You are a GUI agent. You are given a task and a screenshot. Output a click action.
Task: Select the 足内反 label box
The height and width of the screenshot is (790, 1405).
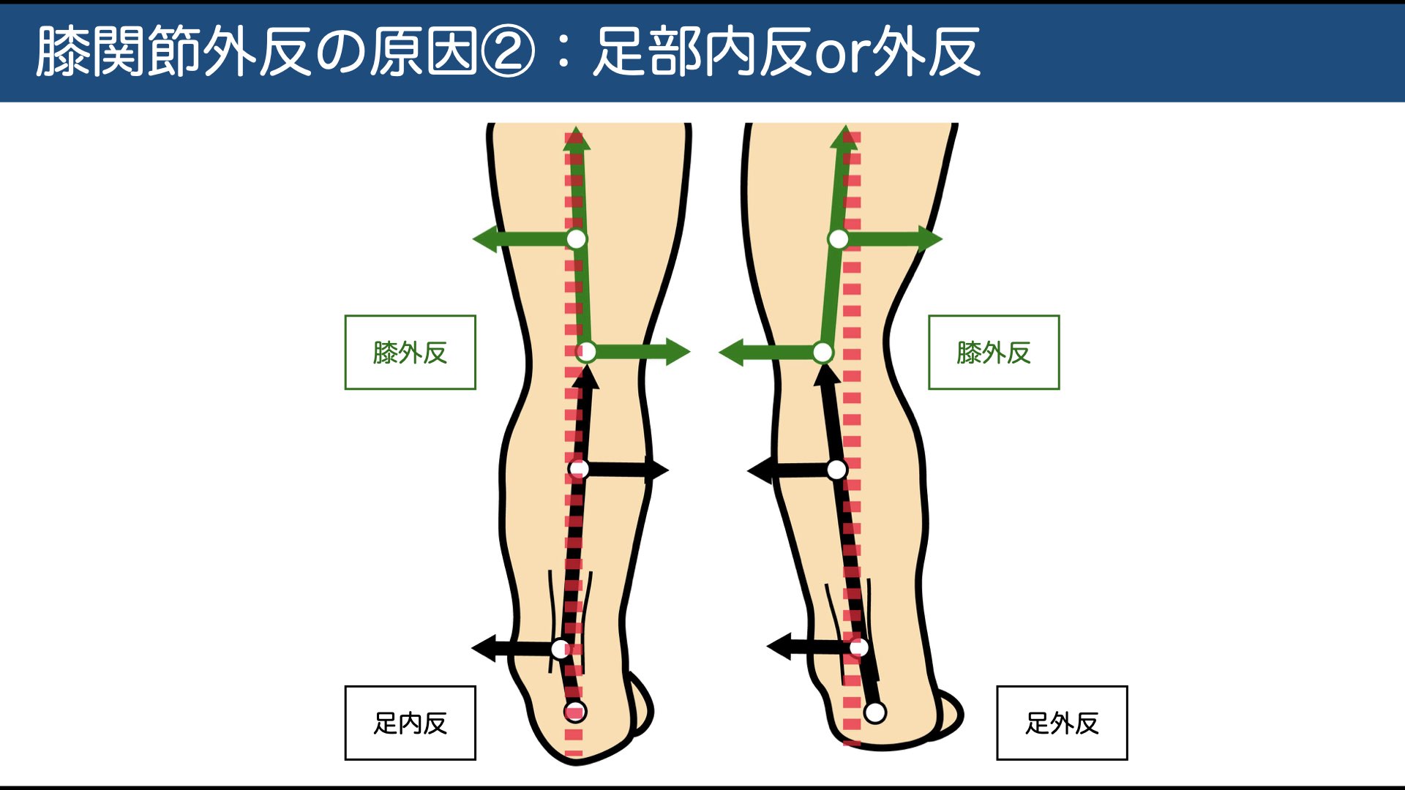point(410,723)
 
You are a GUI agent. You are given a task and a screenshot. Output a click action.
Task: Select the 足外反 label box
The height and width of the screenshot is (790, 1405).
point(1062,723)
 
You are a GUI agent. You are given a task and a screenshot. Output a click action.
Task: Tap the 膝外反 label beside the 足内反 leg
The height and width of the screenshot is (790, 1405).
point(410,353)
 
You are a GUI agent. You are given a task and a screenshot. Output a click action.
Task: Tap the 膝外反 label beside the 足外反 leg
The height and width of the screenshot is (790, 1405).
point(993,353)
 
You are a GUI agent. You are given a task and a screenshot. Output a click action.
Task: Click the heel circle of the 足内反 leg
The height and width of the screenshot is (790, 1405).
point(575,711)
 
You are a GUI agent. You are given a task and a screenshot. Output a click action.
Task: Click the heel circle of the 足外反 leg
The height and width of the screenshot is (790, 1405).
point(875,712)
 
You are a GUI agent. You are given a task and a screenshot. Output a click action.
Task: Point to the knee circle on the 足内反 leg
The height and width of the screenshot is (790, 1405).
point(586,353)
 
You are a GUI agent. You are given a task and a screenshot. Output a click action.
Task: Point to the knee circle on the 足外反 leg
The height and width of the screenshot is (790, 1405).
point(823,353)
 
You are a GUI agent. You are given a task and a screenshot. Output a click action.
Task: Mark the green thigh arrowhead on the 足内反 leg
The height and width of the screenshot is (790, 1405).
point(484,239)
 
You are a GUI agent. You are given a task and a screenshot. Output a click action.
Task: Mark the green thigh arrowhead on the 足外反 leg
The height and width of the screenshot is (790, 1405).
point(930,239)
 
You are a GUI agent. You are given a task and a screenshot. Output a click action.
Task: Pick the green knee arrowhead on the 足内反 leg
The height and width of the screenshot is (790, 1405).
point(678,352)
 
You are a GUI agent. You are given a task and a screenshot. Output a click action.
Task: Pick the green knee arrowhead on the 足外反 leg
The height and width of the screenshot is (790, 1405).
point(731,353)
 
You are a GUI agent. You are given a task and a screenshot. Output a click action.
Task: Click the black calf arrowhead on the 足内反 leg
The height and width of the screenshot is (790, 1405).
point(657,470)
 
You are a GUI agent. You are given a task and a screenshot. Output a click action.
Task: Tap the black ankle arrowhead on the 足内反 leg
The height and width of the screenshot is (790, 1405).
point(484,648)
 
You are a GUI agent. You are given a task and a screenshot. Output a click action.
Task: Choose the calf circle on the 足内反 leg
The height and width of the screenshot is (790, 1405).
point(578,469)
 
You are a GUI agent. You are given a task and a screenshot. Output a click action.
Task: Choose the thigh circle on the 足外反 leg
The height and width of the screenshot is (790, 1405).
point(838,239)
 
